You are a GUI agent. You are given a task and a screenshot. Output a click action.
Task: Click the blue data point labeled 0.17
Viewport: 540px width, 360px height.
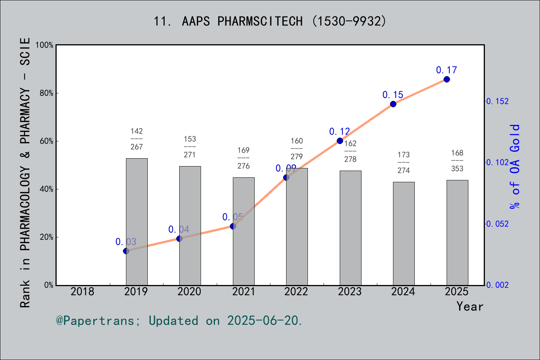(x=447, y=79)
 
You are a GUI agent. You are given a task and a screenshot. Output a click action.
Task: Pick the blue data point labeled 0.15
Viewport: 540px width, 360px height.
(x=393, y=104)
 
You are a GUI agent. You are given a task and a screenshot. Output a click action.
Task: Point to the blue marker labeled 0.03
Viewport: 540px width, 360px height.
(x=126, y=251)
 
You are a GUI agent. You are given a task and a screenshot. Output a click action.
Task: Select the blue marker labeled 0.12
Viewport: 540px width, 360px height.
(x=340, y=141)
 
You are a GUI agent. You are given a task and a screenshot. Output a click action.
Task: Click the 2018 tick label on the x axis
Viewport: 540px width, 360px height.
(x=82, y=291)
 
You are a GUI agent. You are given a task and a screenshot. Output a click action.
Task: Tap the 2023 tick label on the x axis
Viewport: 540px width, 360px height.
(x=349, y=291)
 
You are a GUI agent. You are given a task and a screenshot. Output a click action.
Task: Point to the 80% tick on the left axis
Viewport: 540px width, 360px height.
(x=46, y=93)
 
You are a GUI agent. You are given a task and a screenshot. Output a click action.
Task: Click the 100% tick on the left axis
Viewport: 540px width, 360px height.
(x=45, y=45)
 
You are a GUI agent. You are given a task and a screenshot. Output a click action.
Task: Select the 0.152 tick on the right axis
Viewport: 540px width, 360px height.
(x=498, y=101)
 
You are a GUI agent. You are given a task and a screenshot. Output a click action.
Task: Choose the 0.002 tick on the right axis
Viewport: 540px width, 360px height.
(x=498, y=285)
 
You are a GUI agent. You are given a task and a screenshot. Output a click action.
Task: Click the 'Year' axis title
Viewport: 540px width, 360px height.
(x=469, y=306)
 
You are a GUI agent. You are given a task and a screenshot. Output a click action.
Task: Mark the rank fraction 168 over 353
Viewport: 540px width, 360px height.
(x=457, y=160)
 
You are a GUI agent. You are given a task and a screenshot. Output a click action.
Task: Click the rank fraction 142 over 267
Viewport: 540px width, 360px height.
(x=136, y=139)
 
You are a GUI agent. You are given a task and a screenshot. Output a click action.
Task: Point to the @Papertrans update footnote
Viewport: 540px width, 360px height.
(x=179, y=321)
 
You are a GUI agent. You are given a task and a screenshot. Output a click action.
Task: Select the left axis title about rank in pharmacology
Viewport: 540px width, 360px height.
(x=25, y=172)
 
